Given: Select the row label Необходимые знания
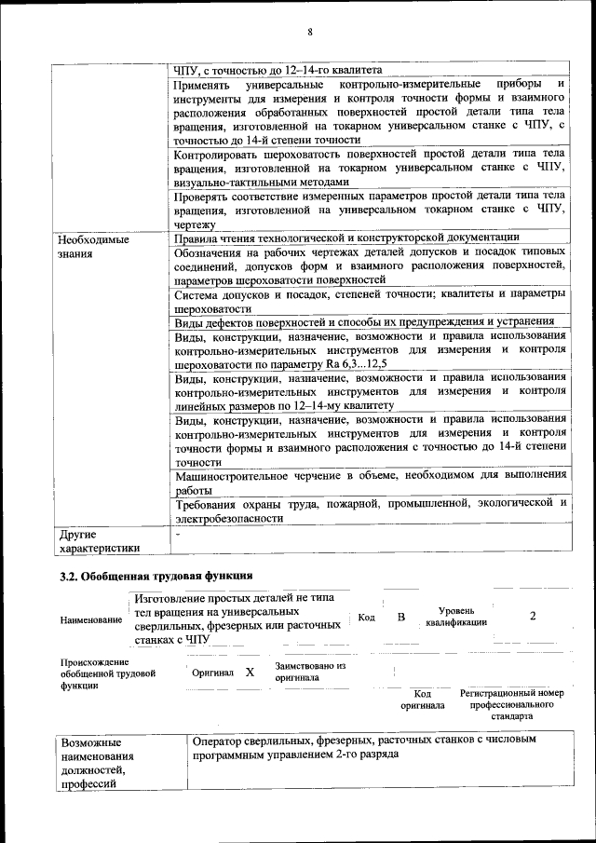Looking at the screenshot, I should [92, 246].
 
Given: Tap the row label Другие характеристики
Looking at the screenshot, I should [99, 542].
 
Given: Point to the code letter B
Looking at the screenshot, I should [401, 616].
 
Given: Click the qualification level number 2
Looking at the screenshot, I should [533, 616].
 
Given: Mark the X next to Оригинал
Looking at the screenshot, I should [249, 672].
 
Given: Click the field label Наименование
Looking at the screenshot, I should [90, 619].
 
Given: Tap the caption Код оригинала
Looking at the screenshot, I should [423, 700].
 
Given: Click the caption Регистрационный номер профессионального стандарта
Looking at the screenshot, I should [512, 705].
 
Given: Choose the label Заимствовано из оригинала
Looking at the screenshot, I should [310, 672].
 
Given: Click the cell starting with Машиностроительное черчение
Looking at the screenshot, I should [370, 482].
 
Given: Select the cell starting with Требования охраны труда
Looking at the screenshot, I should [370, 510].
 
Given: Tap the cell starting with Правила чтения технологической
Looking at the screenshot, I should [346, 238].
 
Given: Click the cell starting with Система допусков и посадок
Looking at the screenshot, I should [370, 300].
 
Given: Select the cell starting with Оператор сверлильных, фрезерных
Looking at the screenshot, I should [364, 747].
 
